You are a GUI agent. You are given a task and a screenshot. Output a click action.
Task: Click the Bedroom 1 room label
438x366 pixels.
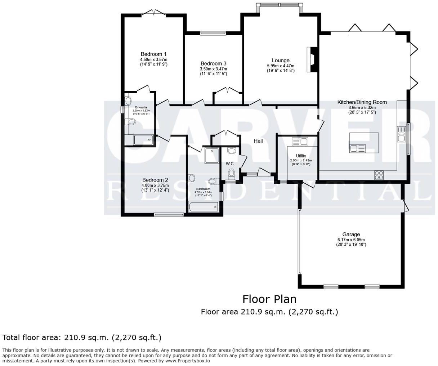(x=153, y=54)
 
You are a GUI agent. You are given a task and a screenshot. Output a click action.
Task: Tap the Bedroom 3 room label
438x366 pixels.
(x=213, y=63)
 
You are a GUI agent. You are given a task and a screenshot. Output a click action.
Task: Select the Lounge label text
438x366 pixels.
(x=280, y=61)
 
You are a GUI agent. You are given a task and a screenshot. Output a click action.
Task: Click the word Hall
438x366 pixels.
(x=258, y=141)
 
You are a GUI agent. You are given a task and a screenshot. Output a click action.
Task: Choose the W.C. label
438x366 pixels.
(x=230, y=164)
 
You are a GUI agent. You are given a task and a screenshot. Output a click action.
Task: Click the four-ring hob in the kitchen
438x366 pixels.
(x=379, y=175)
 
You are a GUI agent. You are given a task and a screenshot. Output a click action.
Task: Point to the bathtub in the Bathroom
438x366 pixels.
(x=203, y=207)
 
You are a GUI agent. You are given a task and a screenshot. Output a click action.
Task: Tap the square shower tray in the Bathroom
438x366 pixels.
(x=211, y=155)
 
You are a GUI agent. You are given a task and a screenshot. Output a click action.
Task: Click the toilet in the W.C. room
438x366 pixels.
(x=231, y=174)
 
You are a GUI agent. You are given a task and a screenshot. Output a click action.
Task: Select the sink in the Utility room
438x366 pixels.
(x=299, y=141)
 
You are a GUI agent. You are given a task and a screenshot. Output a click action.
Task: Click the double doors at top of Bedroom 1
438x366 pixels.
(x=154, y=13)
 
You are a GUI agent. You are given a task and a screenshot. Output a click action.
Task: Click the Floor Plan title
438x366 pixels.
(x=269, y=299)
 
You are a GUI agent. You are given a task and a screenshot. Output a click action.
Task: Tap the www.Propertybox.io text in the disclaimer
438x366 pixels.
(x=187, y=361)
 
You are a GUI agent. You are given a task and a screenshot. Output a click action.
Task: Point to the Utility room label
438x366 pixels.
(x=301, y=156)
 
